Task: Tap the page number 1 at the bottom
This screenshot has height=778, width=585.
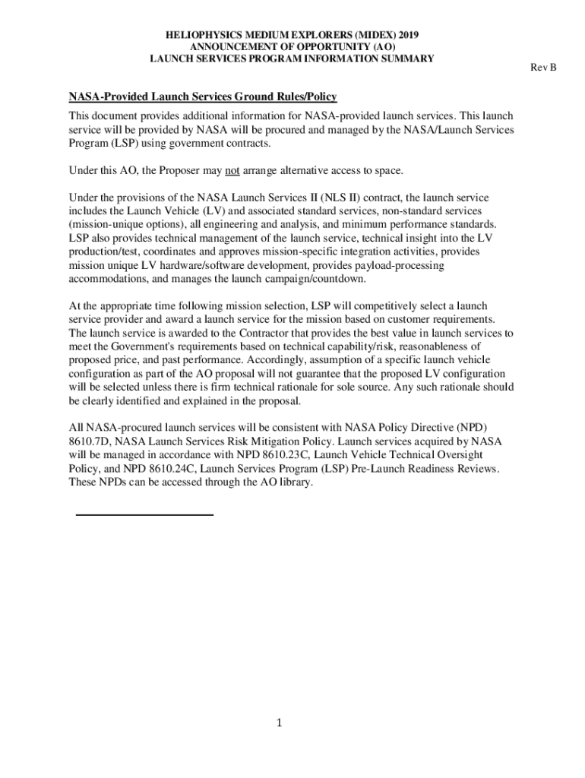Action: (x=280, y=723)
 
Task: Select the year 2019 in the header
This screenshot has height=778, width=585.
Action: (x=406, y=36)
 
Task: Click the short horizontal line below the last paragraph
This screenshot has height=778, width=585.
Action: (x=145, y=515)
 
